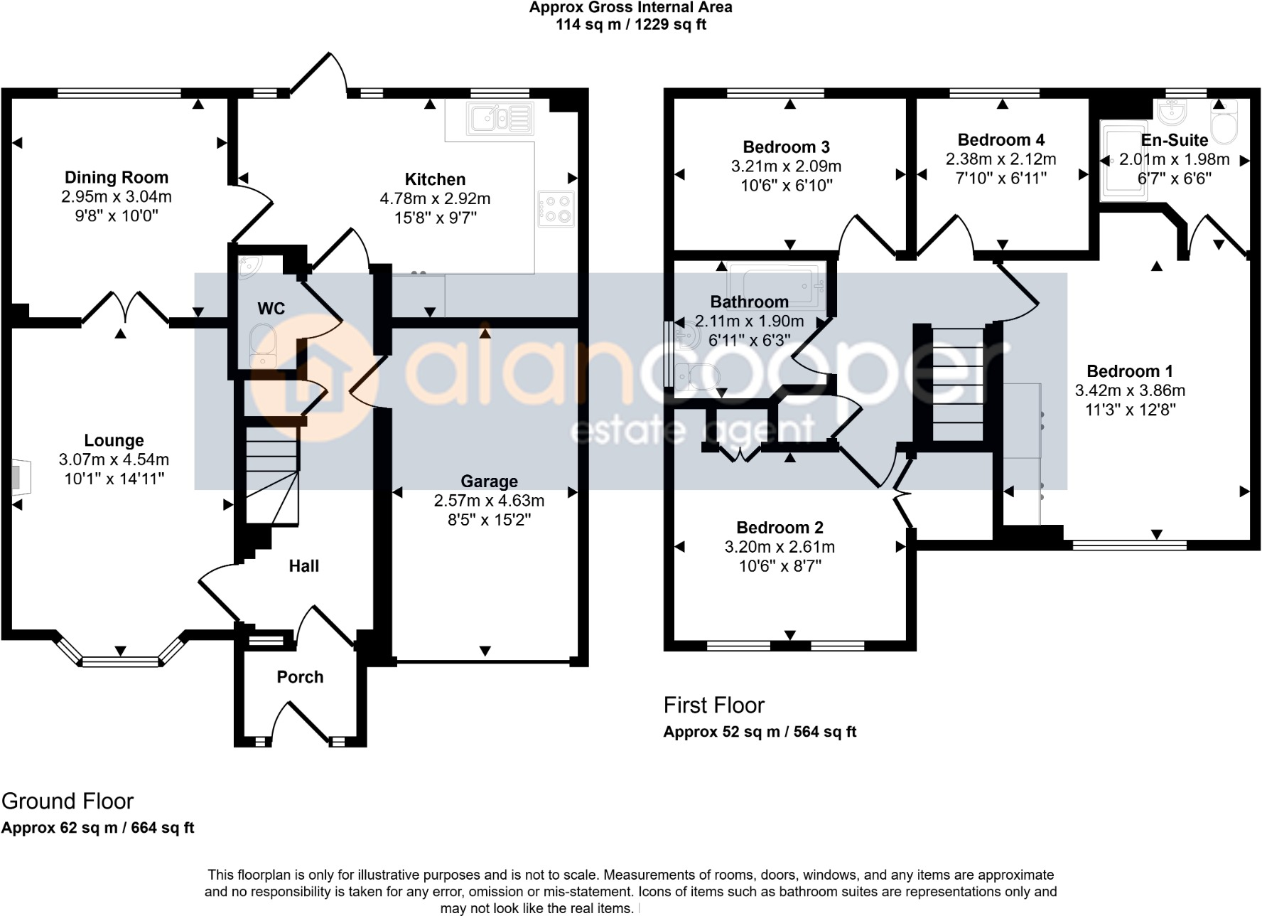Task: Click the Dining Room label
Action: point(117,177)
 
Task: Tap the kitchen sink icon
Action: point(500,119)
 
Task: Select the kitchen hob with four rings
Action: point(556,209)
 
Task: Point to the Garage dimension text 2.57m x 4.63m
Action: point(489,501)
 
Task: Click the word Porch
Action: point(300,677)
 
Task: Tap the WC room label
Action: point(271,309)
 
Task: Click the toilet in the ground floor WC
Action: point(262,346)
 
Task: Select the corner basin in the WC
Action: point(249,265)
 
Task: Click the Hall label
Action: point(303,566)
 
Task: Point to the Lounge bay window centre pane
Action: point(120,661)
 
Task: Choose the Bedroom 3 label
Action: point(786,147)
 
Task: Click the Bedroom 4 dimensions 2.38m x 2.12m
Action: point(1001,159)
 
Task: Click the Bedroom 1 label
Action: point(1129,371)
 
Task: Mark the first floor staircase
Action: point(957,384)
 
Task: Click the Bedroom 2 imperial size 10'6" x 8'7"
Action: point(780,567)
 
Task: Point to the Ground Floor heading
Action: point(68,801)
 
